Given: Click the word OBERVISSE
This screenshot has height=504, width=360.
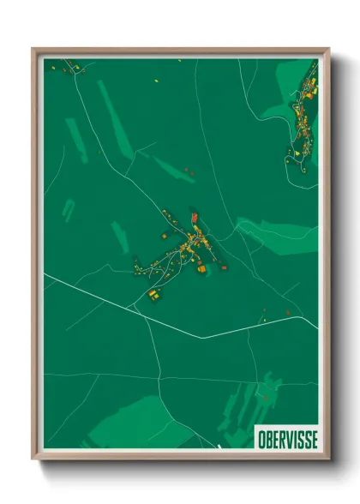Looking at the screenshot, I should (x=286, y=439).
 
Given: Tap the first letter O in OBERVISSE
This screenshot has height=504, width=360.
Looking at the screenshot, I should (x=261, y=439).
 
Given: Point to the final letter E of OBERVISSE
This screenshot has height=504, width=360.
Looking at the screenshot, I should (x=313, y=439).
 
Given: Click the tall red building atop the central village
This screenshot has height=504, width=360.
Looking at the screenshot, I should (x=195, y=219).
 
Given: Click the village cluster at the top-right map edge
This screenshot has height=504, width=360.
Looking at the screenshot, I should (x=304, y=120).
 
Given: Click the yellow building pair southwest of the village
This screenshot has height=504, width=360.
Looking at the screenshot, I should (x=154, y=295).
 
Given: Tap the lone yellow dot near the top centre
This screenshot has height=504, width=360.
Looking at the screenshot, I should (x=157, y=81).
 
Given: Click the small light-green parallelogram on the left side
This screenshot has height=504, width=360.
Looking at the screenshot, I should (x=69, y=209).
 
